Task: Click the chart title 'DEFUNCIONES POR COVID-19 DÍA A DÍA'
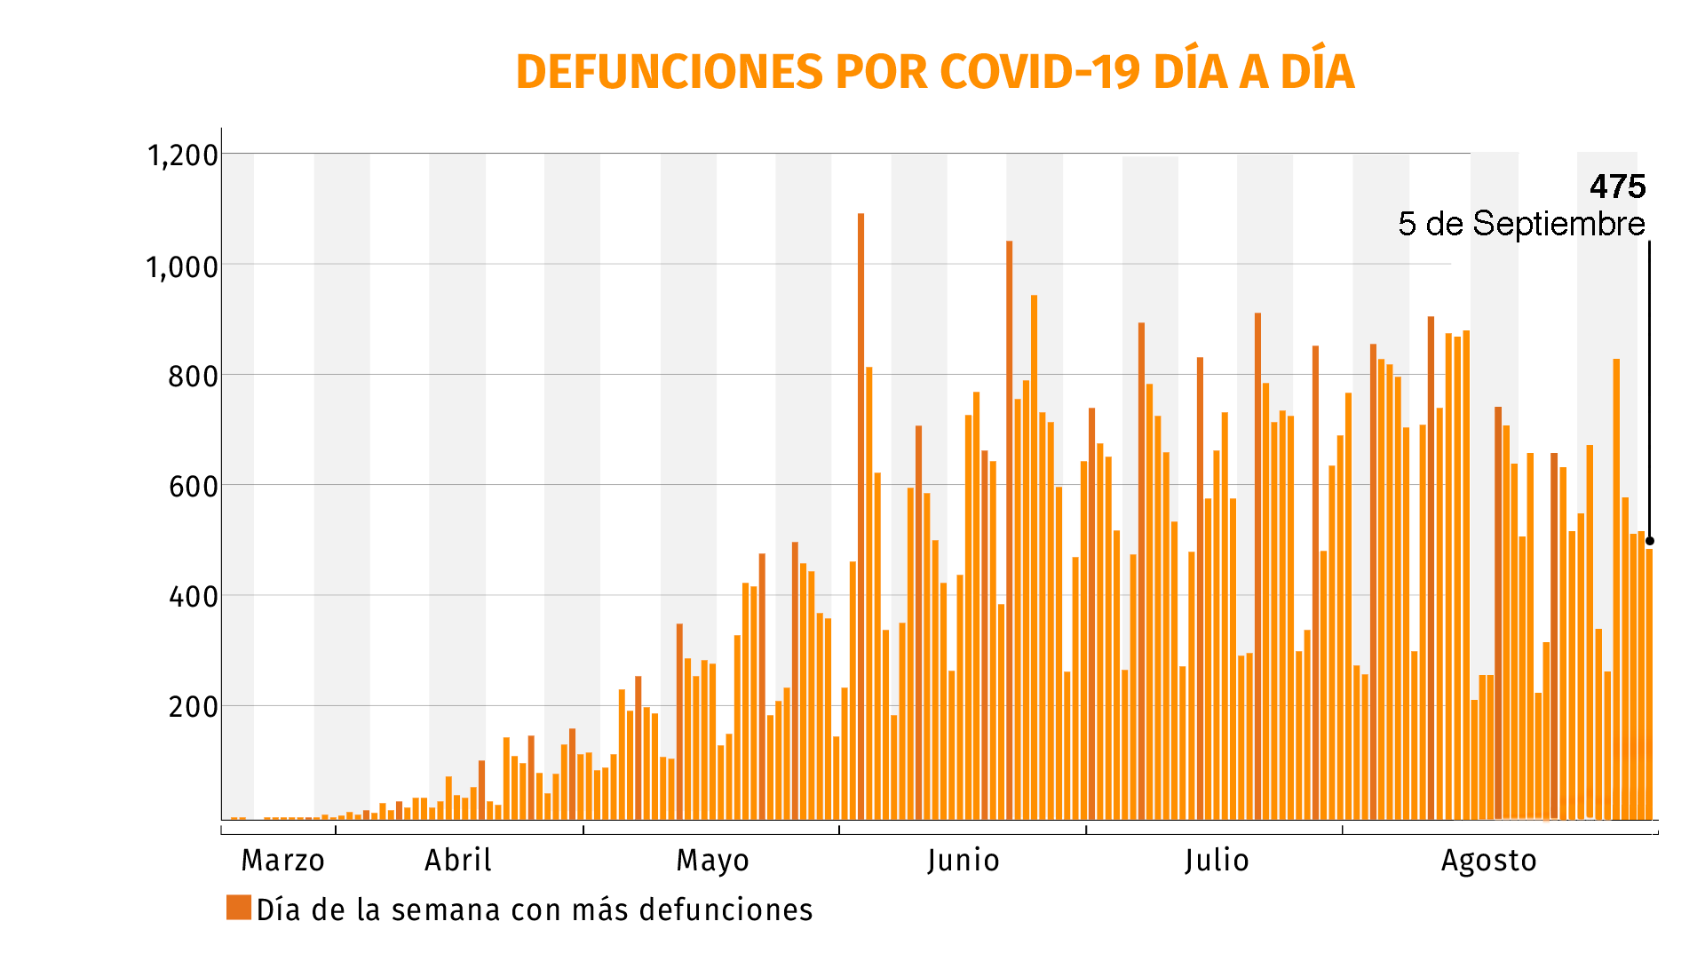934,72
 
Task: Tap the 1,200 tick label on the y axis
182,155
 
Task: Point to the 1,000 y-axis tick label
182,266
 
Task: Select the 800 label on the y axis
193,377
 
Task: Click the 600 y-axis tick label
193,487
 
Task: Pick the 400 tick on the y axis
193,597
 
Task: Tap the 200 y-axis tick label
193,707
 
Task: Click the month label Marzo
282,861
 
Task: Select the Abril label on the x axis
457,861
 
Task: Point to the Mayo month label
712,861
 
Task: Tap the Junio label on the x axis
964,861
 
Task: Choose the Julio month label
1217,861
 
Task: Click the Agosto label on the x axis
1488,861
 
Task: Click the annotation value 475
1617,187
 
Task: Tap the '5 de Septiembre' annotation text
1521,224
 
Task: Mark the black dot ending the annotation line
1649,541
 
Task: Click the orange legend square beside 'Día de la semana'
239,907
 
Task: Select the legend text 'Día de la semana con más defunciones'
535,910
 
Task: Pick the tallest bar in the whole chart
860,515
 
